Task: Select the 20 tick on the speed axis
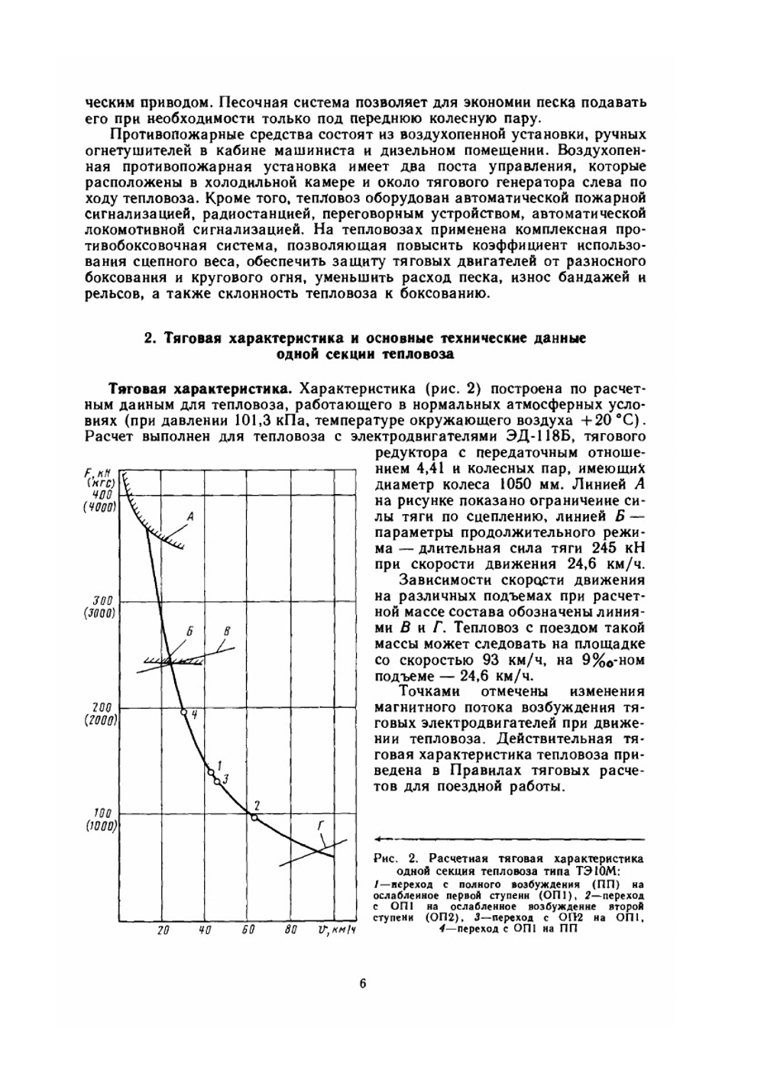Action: point(163,929)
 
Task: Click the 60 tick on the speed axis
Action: point(248,929)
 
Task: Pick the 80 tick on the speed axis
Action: point(290,929)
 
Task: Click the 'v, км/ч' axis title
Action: point(337,929)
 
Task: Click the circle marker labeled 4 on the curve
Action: point(183,713)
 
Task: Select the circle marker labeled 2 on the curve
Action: point(254,817)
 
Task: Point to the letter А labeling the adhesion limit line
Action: point(190,517)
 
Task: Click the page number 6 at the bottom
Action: point(362,983)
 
